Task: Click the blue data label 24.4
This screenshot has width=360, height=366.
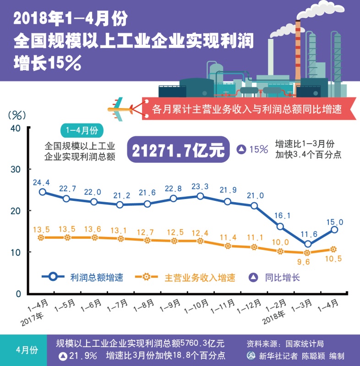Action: (41, 182)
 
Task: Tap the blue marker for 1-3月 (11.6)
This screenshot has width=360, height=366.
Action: (308, 244)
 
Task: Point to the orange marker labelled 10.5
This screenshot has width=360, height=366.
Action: (333, 249)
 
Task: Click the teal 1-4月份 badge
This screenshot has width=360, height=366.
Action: (82, 130)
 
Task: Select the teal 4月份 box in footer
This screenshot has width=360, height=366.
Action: (24, 350)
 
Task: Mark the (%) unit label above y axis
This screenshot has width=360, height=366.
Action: (17, 114)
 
